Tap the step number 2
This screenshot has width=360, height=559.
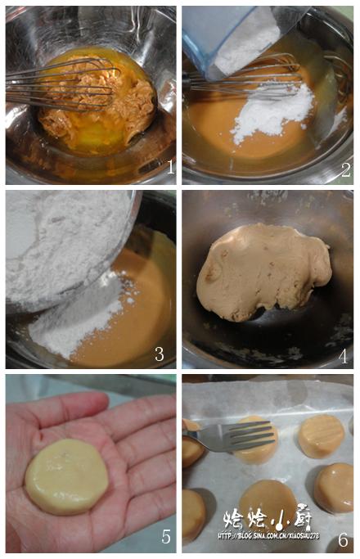(x=345, y=169)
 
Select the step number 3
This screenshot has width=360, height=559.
(x=160, y=353)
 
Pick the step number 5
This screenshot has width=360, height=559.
(x=165, y=537)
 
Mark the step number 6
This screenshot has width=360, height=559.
(x=343, y=539)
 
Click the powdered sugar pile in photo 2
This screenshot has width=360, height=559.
(x=270, y=115)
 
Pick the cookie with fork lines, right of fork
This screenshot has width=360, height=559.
(x=321, y=435)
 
